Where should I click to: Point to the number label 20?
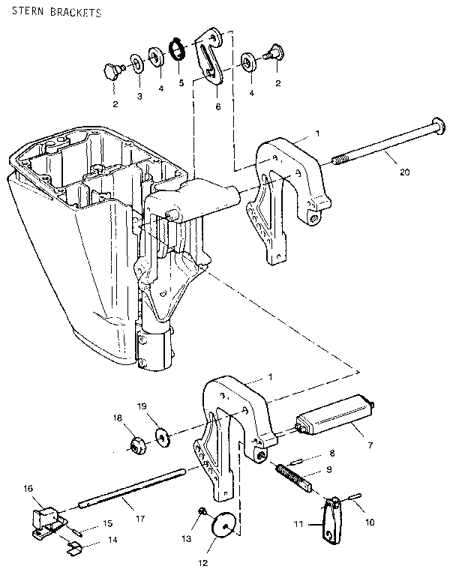pos(405,172)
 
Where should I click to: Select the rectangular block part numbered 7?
pos(337,414)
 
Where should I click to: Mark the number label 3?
pos(139,96)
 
